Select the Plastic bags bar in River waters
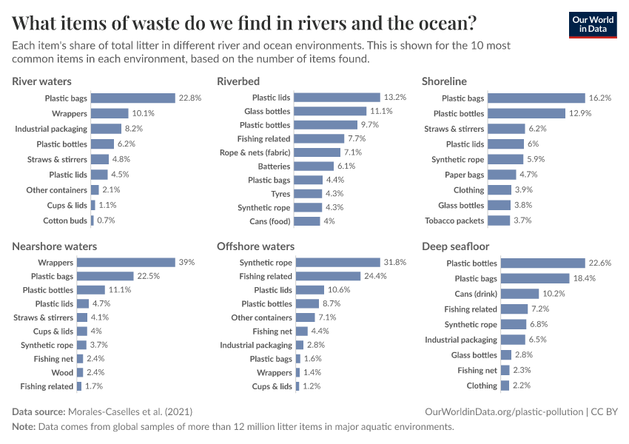pyautogui.click(x=133, y=98)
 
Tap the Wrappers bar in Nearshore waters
pyautogui.click(x=126, y=263)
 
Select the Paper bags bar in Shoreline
pyautogui.click(x=502, y=175)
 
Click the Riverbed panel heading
pyautogui.click(x=238, y=81)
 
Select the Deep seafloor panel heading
pyautogui.click(x=455, y=246)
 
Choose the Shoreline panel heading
pyautogui.click(x=444, y=81)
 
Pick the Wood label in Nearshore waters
pyautogui.click(x=62, y=373)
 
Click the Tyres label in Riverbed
pyautogui.click(x=280, y=194)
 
